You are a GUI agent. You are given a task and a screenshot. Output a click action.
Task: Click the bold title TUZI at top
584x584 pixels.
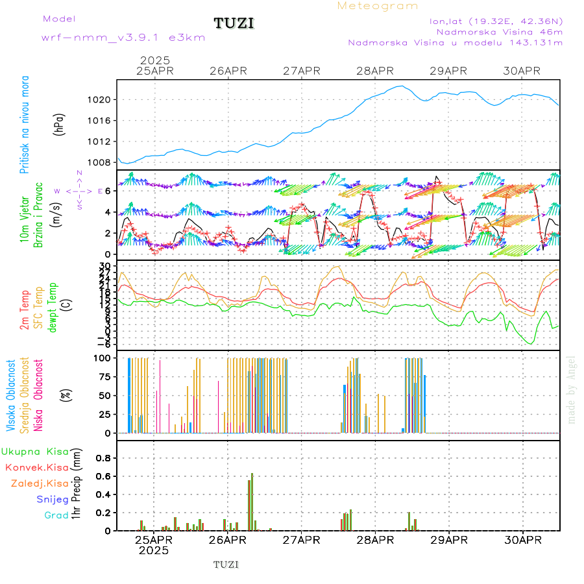click(234, 23)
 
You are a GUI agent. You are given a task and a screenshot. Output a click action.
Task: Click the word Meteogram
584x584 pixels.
click(378, 6)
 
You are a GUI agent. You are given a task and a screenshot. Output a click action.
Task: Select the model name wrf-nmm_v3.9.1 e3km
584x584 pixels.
click(123, 37)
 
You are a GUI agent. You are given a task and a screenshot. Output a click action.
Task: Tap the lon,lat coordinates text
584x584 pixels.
click(496, 21)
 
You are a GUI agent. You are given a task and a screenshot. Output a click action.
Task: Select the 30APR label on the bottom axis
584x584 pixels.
click(522, 540)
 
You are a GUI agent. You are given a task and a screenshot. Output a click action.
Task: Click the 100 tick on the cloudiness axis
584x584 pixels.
click(104, 358)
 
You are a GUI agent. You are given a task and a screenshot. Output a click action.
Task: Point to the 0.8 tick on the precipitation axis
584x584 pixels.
click(104, 457)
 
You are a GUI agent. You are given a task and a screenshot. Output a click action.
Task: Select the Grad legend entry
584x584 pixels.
click(56, 516)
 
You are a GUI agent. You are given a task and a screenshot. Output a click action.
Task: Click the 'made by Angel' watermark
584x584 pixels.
click(572, 389)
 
